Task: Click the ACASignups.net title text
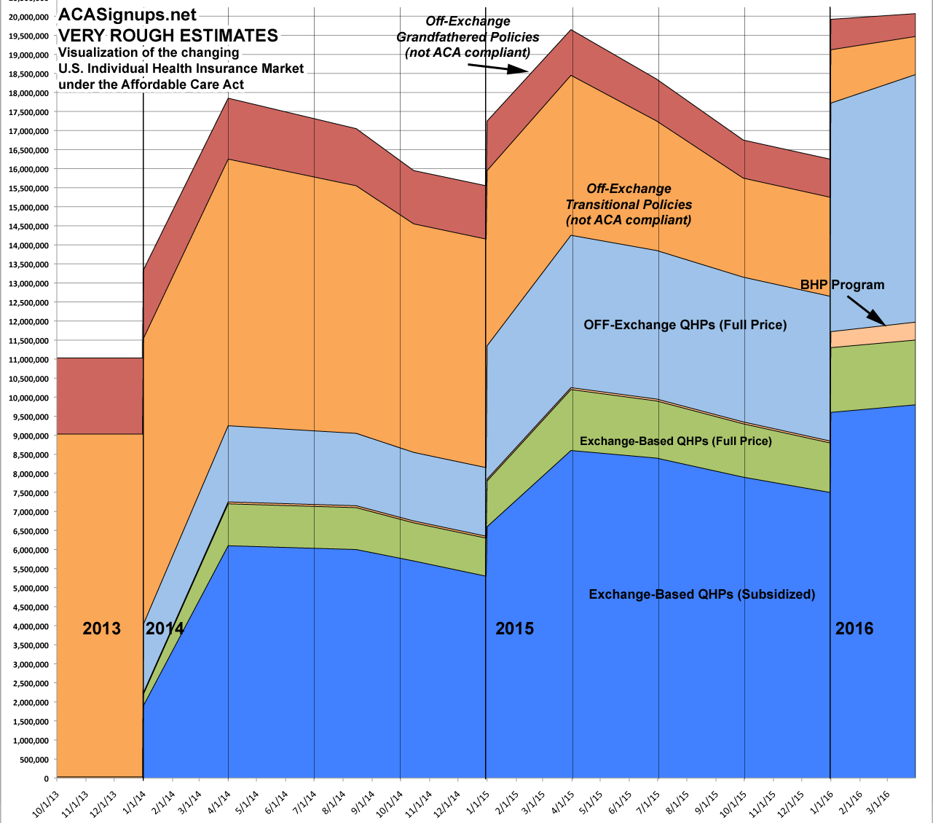point(127,15)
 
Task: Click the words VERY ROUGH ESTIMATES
point(168,35)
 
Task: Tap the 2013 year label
point(101,629)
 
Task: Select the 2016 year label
point(854,629)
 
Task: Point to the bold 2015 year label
point(514,629)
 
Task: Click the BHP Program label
point(842,285)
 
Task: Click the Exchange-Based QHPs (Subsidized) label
point(701,594)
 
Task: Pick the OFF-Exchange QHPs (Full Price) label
point(685,325)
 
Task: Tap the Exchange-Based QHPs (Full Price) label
point(675,441)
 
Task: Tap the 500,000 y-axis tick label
point(34,760)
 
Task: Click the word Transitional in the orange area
point(629,205)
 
